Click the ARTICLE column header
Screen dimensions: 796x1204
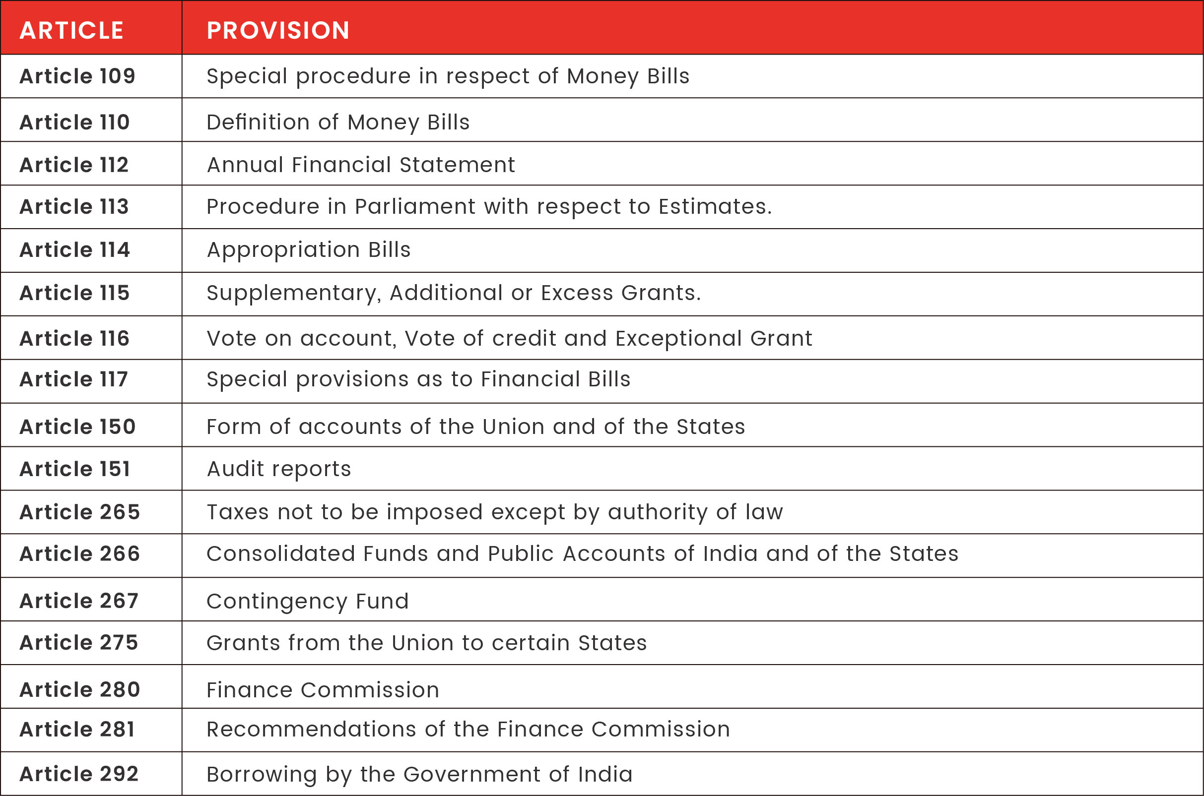point(71,30)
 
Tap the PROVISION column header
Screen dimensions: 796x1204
point(278,30)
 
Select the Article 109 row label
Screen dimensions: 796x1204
point(78,76)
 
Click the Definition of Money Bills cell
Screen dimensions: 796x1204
point(338,122)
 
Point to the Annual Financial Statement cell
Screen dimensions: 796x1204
point(361,165)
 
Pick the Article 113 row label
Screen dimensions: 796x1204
point(74,207)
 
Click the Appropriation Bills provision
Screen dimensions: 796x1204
point(308,250)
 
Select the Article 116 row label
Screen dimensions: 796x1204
point(74,339)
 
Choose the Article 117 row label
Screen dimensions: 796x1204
point(73,379)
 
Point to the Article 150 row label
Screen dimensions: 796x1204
point(78,427)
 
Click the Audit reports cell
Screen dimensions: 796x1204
point(279,469)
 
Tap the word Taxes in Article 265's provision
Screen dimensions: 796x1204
point(238,512)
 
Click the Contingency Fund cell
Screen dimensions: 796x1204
point(307,602)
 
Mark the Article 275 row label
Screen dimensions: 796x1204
point(79,643)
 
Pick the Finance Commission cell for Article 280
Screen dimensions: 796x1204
point(323,690)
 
